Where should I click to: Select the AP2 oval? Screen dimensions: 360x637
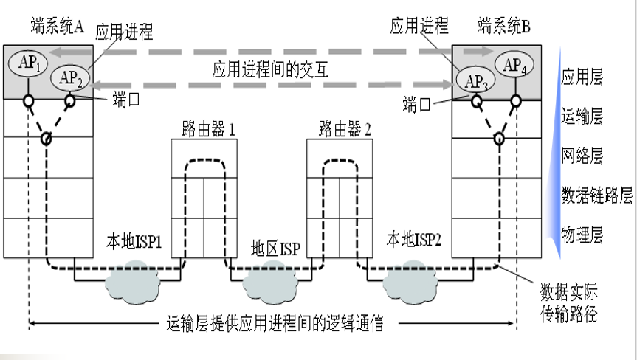pos(69,77)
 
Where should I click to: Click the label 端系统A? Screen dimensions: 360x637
pos(57,27)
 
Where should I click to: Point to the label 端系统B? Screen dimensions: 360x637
pos(504,27)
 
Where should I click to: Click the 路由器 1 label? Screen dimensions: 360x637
pos(208,130)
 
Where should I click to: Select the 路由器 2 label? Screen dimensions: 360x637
pos(344,130)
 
